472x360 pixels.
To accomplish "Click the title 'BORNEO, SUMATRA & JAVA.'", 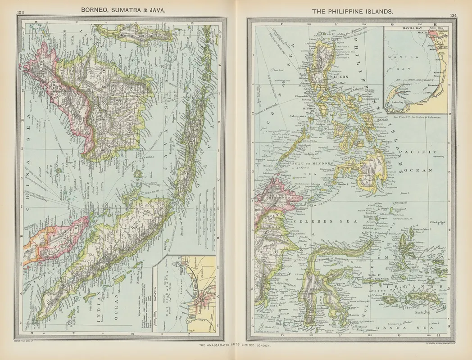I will pyautogui.click(x=126, y=9).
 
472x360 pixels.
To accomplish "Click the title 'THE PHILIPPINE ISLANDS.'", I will pyautogui.click(x=349, y=9).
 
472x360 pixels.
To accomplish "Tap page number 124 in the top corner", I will pyautogui.click(x=452, y=16).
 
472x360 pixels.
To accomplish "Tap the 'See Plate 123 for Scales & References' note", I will pyautogui.click(x=416, y=116).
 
